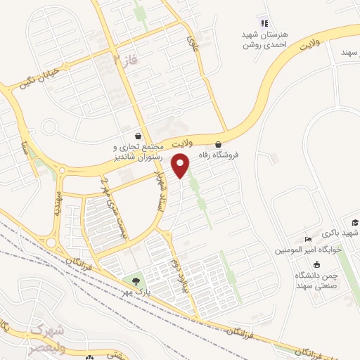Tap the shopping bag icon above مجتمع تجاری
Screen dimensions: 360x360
coord(139,136)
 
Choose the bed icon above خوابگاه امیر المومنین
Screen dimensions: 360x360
coord(307,240)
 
